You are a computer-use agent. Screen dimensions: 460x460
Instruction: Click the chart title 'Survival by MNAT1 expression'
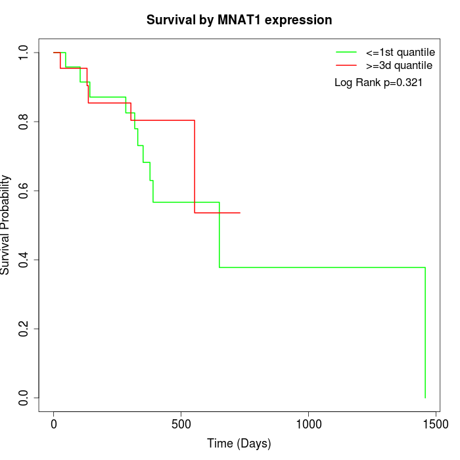click(x=239, y=20)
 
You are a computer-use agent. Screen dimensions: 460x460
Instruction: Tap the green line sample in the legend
click(x=346, y=51)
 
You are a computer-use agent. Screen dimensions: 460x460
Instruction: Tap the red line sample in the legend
click(x=346, y=65)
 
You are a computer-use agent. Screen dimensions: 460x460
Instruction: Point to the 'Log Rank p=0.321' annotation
click(x=379, y=83)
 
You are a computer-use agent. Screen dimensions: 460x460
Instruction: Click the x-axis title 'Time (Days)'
click(x=239, y=444)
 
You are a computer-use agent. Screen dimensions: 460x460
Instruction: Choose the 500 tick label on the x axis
click(x=181, y=425)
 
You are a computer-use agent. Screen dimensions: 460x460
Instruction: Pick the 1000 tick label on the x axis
click(x=308, y=425)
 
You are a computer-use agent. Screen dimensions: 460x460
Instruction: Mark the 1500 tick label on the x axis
click(x=434, y=425)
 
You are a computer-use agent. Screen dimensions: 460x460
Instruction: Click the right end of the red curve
click(x=240, y=213)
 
